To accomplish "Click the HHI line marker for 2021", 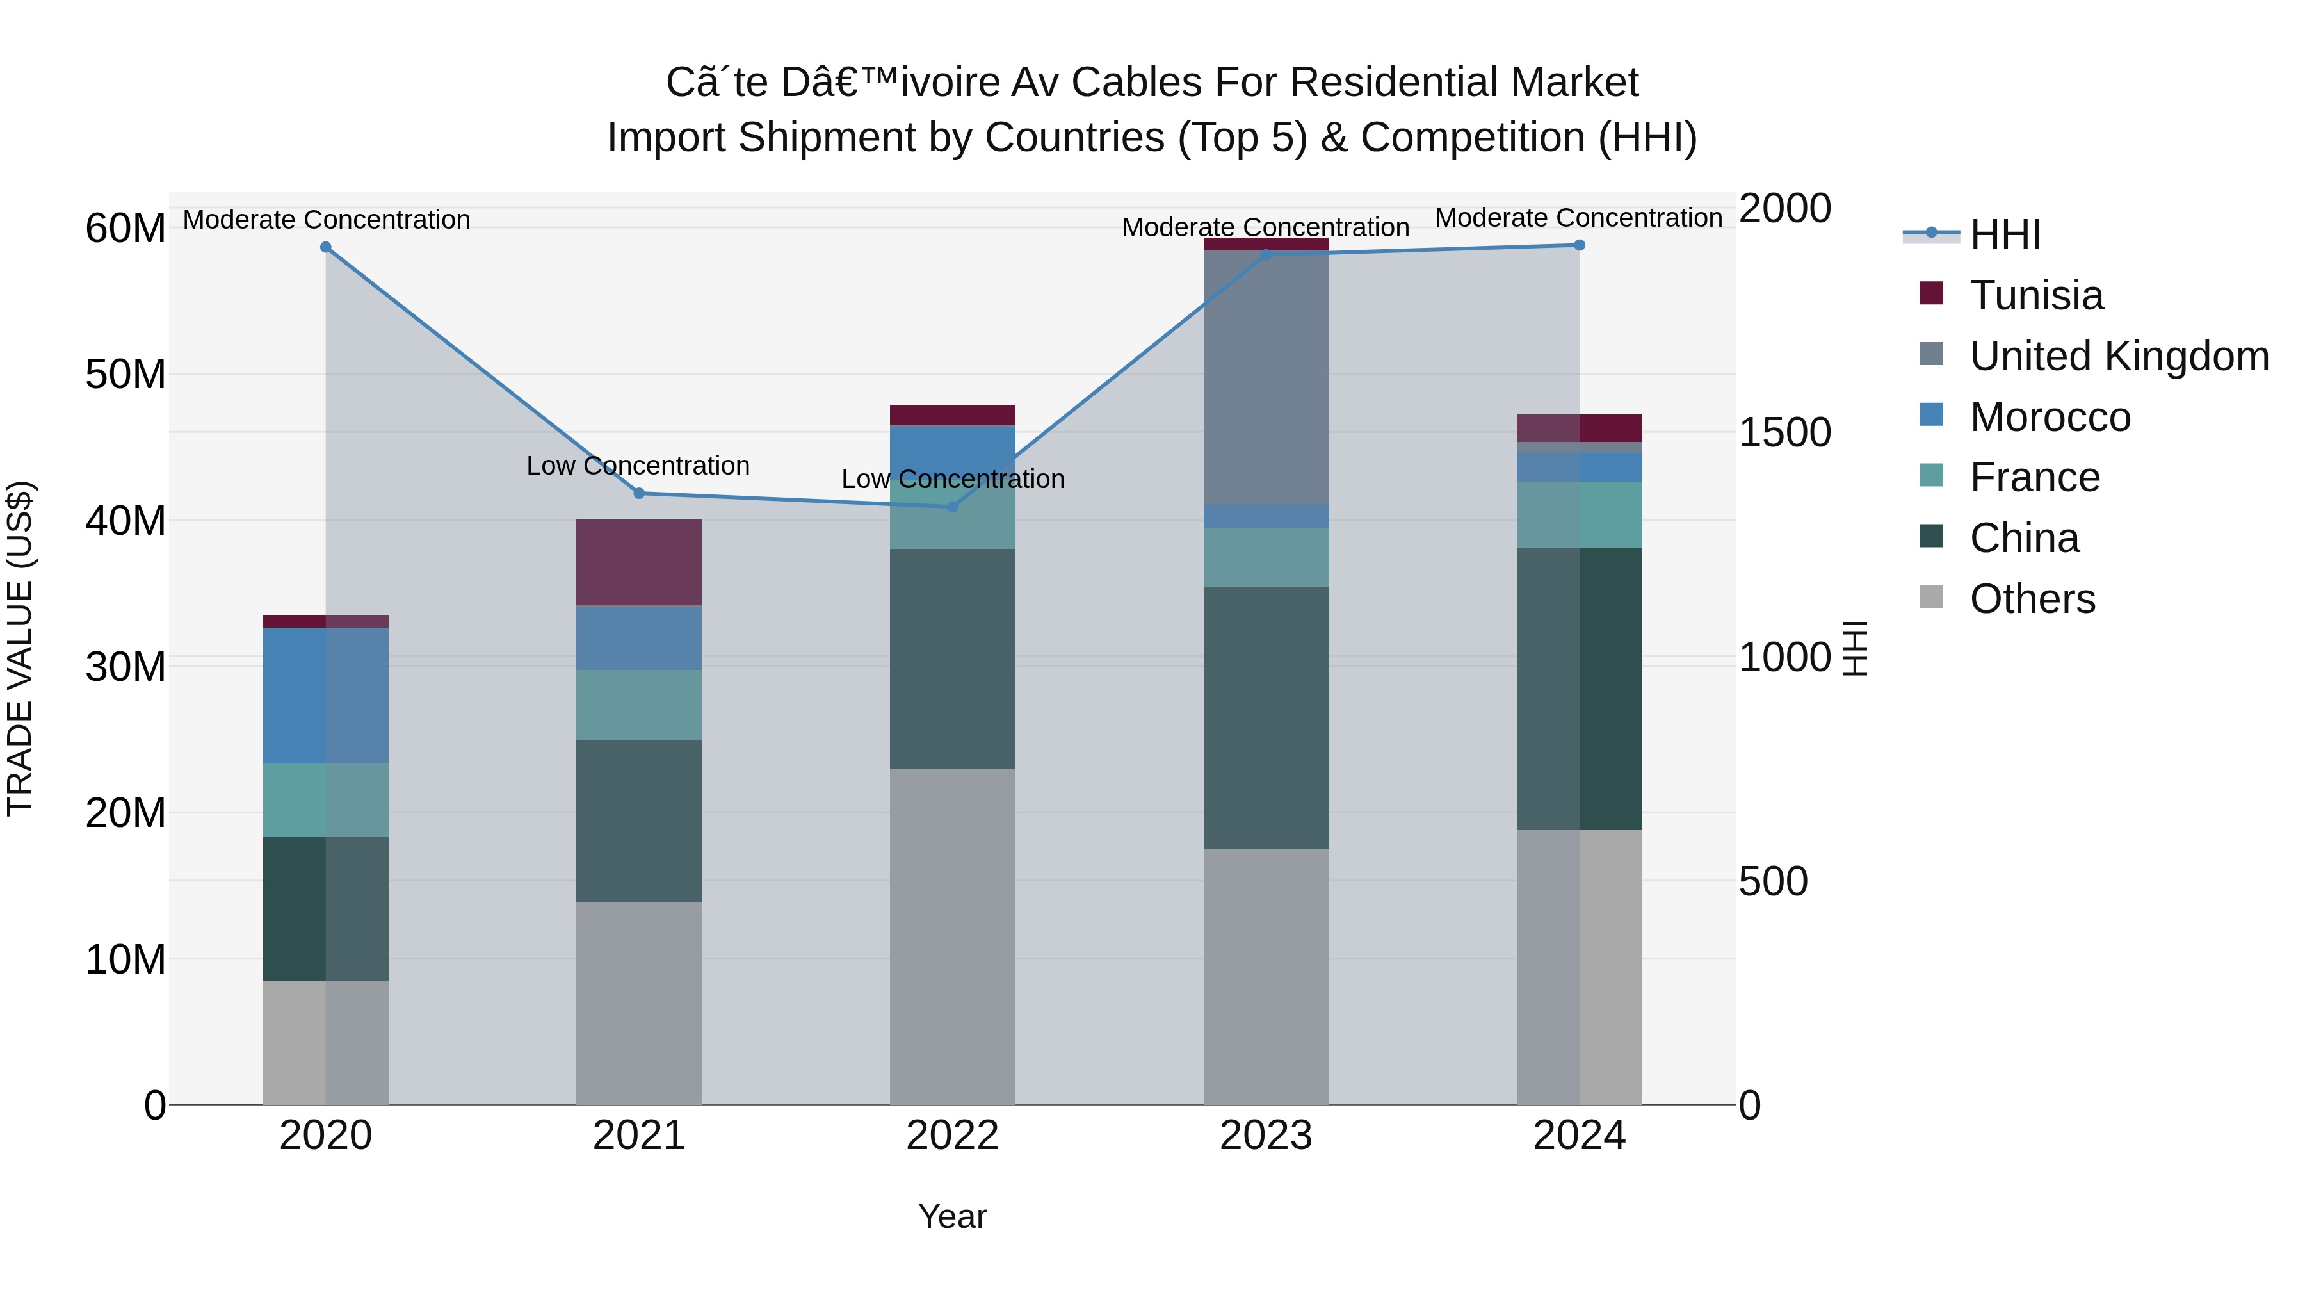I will click(639, 493).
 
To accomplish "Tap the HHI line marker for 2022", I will click(952, 507).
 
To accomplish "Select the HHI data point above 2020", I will click(326, 247).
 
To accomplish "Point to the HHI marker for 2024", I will click(1580, 245).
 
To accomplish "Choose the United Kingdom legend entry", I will click(2118, 356).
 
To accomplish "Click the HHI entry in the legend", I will click(2004, 234).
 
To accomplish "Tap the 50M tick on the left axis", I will click(125, 374).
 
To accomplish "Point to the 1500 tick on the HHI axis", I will click(1784, 433).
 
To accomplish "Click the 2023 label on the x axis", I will click(1265, 1136).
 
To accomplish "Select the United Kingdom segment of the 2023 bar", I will click(1265, 376).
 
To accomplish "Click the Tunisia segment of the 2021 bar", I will click(639, 562).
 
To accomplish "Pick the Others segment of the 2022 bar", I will click(952, 935).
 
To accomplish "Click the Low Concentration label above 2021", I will click(638, 466).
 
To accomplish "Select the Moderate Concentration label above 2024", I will click(1578, 218).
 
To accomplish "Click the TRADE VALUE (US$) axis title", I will click(20, 648).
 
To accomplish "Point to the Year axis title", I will click(952, 1216).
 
